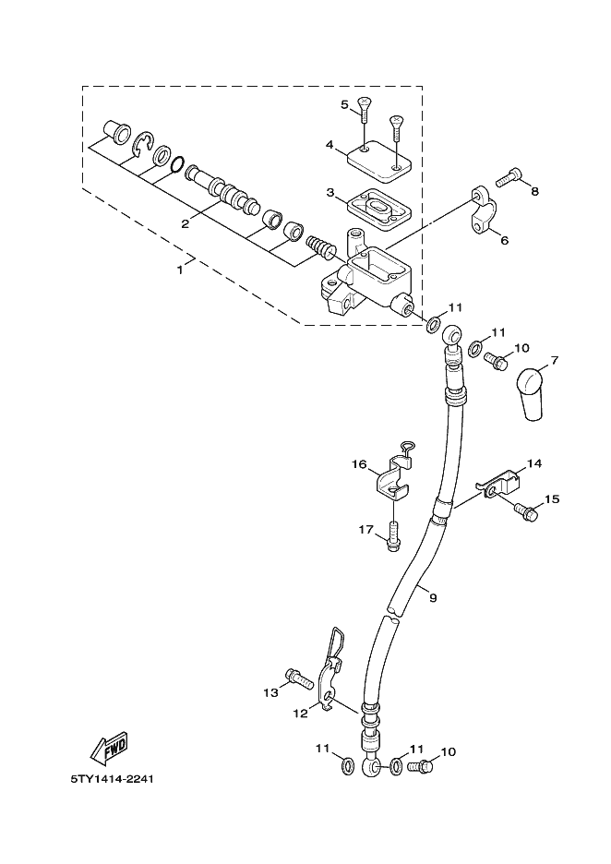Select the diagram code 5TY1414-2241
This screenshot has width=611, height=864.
[112, 779]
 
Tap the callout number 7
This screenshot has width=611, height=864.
[555, 361]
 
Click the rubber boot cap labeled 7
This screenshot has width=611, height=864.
[530, 394]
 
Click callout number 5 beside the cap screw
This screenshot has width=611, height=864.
[345, 104]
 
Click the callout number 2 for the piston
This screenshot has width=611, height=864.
[186, 223]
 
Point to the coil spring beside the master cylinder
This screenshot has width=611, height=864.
[320, 246]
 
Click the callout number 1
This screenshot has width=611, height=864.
[180, 270]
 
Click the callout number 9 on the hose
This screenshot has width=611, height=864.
[433, 597]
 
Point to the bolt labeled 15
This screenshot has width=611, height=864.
[525, 511]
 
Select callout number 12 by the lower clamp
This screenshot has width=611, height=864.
[300, 713]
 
